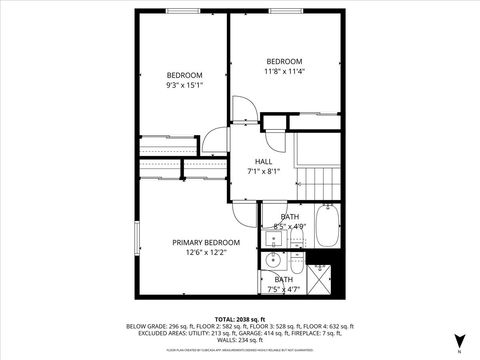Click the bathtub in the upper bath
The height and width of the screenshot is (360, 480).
327,226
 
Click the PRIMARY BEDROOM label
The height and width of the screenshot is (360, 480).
206,242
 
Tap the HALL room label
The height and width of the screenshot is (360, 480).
263,161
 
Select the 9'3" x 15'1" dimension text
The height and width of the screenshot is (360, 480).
184,85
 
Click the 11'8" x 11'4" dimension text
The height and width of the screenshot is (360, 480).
284,71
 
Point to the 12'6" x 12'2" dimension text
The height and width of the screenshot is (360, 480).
206,252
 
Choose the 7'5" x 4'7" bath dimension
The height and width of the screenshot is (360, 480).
284,289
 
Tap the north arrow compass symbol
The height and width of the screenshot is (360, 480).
459,340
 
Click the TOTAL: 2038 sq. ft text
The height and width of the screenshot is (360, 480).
239,317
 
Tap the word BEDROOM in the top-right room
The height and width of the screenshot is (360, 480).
284,61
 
